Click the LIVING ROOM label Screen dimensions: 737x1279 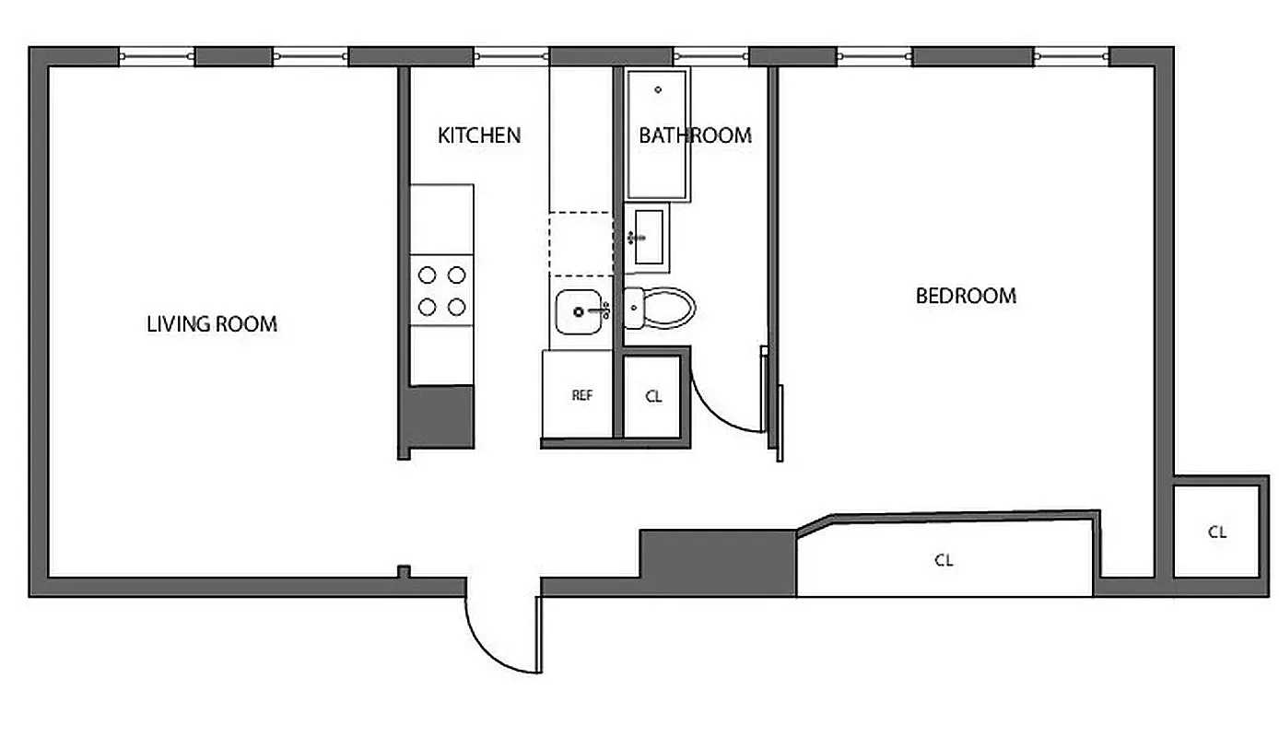click(212, 324)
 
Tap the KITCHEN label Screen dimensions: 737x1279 click(478, 135)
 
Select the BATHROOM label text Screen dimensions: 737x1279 click(695, 135)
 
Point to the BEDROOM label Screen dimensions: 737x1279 click(966, 296)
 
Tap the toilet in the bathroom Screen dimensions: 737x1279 click(660, 308)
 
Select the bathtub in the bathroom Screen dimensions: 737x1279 click(657, 135)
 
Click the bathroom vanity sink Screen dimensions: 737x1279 click(646, 238)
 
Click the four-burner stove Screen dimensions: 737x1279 click(441, 290)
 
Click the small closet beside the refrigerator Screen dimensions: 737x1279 click(653, 396)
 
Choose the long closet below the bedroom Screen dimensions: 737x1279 click(944, 559)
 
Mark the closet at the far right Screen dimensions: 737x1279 click(1216, 532)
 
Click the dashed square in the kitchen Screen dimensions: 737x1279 click(581, 244)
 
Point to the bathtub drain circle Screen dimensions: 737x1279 click(658, 89)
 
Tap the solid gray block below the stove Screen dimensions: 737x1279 click(440, 415)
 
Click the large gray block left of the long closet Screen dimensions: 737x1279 click(718, 562)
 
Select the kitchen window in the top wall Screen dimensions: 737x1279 click(513, 57)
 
